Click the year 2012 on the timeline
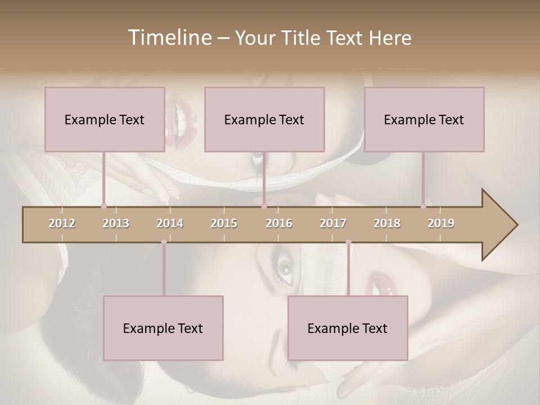tap(62, 223)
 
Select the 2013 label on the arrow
tap(116, 223)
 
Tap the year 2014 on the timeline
tap(170, 223)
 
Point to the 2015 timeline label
tap(224, 223)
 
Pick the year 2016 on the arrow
tap(279, 223)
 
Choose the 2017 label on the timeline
tap(333, 223)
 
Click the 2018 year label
tap(387, 223)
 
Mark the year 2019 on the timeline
tap(441, 223)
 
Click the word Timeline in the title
tap(169, 38)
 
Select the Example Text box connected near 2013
tap(105, 119)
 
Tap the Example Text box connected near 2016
tap(264, 119)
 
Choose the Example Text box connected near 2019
tap(424, 119)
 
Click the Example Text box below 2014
tap(163, 328)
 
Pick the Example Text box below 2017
tap(348, 328)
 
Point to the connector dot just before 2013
tap(103, 206)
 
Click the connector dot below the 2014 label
tap(164, 242)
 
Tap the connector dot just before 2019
tap(423, 206)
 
